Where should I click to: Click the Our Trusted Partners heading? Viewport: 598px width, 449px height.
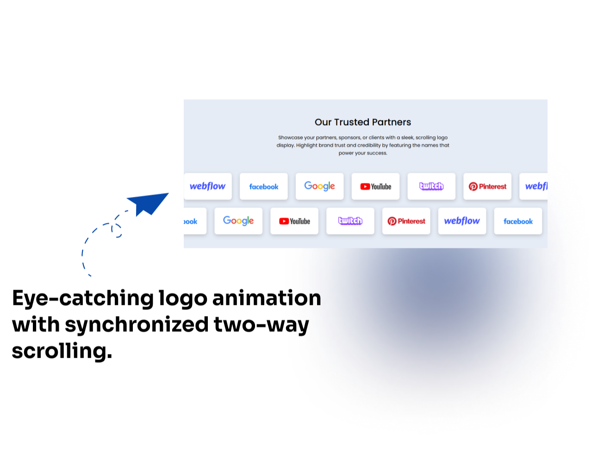pos(363,122)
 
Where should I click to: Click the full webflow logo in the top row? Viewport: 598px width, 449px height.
pos(207,186)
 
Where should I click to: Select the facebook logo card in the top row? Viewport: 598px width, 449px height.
pos(264,187)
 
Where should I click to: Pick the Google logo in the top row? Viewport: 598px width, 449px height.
pos(319,186)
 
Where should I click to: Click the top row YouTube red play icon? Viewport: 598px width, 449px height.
pos(365,187)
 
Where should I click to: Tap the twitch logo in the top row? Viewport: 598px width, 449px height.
pos(431,186)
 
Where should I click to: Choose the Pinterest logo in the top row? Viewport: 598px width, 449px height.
pos(487,187)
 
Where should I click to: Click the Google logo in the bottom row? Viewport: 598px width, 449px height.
pos(238,221)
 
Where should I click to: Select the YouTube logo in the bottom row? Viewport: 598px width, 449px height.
pos(294,221)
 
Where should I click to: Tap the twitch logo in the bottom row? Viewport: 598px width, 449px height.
pos(350,221)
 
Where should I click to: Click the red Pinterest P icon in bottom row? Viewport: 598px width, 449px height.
pos(392,221)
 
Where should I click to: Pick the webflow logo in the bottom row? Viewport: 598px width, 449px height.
pos(462,221)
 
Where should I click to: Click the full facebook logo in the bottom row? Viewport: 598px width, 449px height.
pos(518,221)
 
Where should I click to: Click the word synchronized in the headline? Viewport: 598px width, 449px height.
pos(137,325)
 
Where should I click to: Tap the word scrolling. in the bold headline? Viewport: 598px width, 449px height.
pos(62,351)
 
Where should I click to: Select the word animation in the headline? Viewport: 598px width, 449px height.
pos(267,298)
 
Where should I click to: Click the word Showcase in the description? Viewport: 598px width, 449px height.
pos(290,138)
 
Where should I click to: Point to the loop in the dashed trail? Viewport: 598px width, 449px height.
pos(116,230)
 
